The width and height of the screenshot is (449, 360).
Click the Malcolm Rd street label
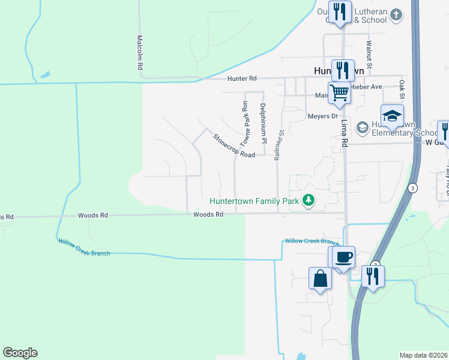(139, 53)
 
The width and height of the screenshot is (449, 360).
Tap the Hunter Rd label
(241, 79)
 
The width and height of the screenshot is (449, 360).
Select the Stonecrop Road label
(234, 146)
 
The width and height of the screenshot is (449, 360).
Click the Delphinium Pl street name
(263, 124)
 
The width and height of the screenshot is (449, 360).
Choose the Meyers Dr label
(323, 116)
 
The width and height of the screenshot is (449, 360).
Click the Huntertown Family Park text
(254, 201)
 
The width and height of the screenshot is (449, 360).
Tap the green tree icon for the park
(309, 200)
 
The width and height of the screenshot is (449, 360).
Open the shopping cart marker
(339, 92)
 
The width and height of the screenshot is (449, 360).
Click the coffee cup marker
(344, 257)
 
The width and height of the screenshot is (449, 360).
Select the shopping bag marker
(320, 278)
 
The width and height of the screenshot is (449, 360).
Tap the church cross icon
(396, 14)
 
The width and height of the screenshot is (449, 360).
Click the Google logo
(20, 353)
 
